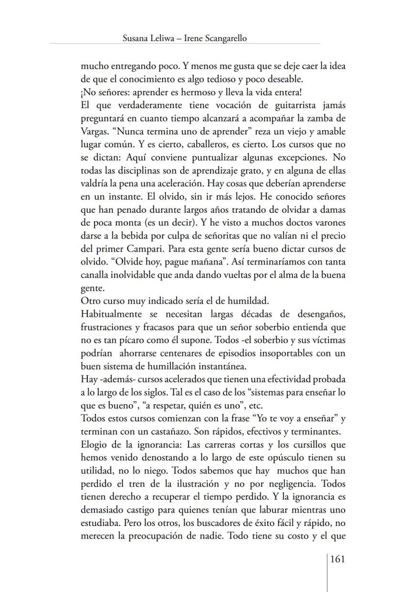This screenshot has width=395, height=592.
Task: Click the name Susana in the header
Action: pyautogui.click(x=136, y=39)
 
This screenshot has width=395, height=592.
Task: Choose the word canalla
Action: pyautogui.click(x=95, y=275)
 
